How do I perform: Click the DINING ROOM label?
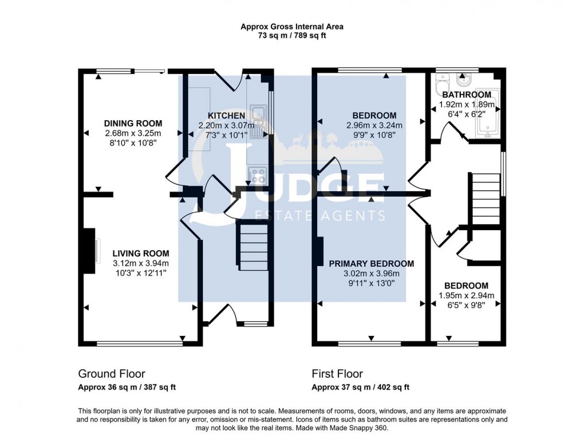(x=133, y=123)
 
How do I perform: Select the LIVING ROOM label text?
(x=141, y=253)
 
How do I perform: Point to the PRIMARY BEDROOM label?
(x=371, y=264)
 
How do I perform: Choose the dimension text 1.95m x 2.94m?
(x=466, y=296)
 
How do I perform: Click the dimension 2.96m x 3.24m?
(x=374, y=126)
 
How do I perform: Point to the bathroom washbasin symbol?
(x=464, y=79)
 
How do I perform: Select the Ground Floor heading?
(x=112, y=374)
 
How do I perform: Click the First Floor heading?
(x=337, y=374)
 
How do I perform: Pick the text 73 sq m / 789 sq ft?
(x=292, y=35)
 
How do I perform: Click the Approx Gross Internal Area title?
(x=292, y=26)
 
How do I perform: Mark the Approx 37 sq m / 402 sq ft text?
(x=360, y=387)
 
